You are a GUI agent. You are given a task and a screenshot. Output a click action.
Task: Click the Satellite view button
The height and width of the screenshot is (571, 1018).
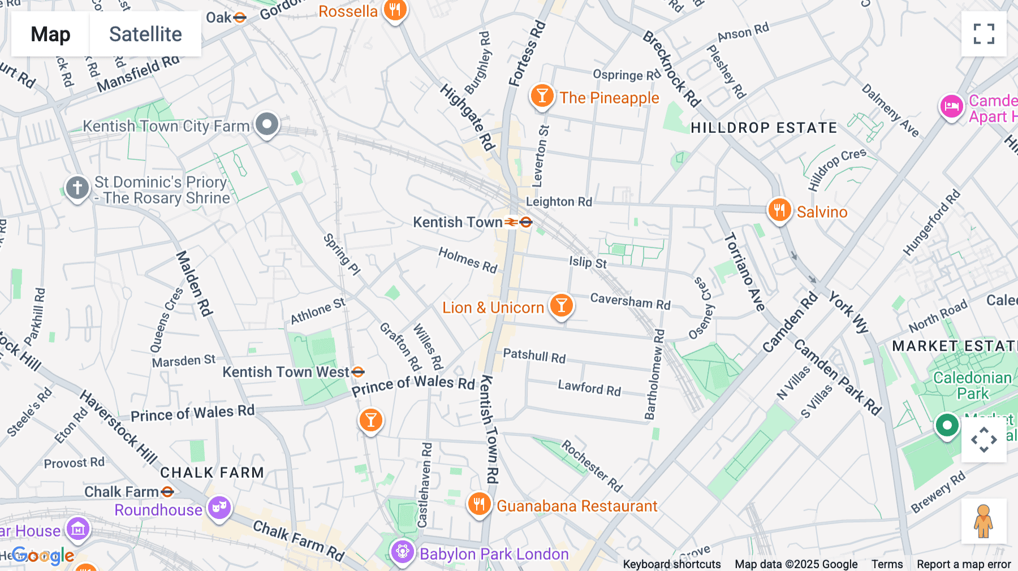(x=145, y=34)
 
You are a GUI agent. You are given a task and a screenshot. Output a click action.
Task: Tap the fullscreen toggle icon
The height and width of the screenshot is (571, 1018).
(x=984, y=34)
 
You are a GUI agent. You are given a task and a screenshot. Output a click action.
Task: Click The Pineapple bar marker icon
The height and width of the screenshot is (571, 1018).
(x=541, y=96)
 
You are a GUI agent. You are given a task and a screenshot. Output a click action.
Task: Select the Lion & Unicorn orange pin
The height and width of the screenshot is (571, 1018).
(x=561, y=305)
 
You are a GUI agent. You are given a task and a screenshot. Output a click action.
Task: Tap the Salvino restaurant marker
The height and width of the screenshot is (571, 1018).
(x=779, y=210)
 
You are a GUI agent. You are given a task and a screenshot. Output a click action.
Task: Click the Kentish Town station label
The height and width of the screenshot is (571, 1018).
(x=457, y=222)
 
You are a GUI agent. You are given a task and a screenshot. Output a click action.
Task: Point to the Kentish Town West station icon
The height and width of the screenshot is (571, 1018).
(x=358, y=371)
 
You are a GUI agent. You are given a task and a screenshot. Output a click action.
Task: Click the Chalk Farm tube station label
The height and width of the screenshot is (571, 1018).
(x=121, y=492)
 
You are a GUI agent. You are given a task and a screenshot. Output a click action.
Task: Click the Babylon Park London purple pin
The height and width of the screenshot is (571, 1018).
(x=402, y=551)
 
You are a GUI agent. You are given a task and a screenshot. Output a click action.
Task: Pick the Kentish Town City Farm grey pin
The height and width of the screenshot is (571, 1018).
(x=267, y=124)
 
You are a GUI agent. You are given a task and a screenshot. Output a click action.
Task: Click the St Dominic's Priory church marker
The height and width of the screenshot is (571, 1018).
(x=77, y=188)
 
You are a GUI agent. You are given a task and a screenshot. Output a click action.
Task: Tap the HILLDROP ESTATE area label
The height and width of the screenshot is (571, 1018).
(x=763, y=128)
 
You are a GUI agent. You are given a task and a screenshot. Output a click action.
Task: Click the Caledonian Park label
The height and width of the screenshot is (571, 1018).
(x=972, y=386)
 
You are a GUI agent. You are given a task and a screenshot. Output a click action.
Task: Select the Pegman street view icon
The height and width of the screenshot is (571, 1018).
(x=983, y=521)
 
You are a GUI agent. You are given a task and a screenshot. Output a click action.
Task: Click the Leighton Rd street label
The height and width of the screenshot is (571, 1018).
(x=559, y=202)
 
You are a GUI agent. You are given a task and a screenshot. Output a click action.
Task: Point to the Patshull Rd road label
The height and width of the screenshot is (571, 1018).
(x=534, y=356)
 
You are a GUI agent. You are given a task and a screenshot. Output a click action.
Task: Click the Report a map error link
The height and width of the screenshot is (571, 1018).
(x=963, y=564)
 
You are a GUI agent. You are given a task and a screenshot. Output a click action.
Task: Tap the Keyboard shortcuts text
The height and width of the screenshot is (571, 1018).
(x=671, y=564)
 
